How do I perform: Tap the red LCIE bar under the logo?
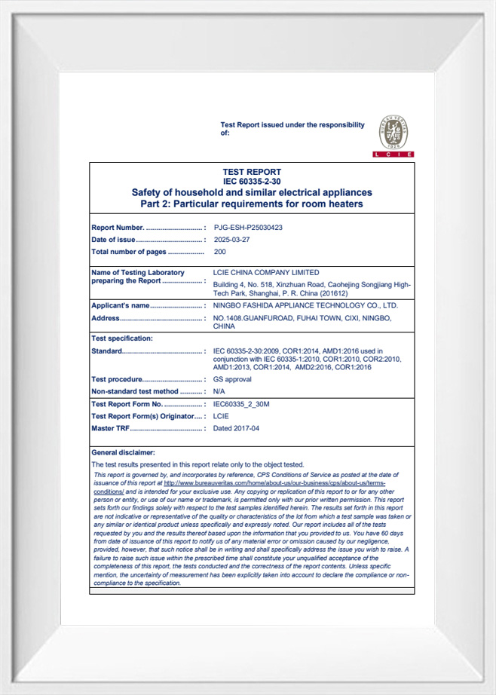(x=393, y=154)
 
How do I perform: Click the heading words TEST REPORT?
(x=252, y=172)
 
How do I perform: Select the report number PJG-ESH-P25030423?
(x=248, y=227)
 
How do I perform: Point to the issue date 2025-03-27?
(x=231, y=239)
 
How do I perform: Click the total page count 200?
(x=220, y=251)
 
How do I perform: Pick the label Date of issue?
(x=114, y=239)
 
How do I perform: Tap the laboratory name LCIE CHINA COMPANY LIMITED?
(x=266, y=272)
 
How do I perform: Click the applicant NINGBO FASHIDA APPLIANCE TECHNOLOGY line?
(x=305, y=305)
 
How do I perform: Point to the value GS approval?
(x=232, y=379)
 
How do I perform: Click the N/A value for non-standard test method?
(x=219, y=391)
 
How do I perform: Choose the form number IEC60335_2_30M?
(x=241, y=404)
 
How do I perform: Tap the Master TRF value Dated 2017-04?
(x=236, y=428)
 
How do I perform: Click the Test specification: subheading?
(x=121, y=338)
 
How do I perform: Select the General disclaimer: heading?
(x=123, y=452)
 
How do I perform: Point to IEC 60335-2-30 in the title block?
(x=252, y=182)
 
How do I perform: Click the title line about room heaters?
(x=252, y=204)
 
